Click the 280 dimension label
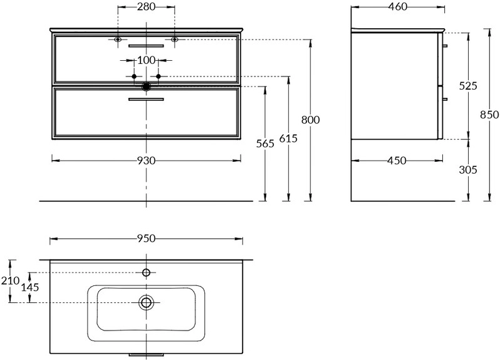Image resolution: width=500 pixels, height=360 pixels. point(146,6)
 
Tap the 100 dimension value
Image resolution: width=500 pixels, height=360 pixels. point(146,60)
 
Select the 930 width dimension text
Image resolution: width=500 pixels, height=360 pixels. point(146,161)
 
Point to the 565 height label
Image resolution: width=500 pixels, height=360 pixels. point(265,144)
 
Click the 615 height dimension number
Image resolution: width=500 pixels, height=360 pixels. point(288,139)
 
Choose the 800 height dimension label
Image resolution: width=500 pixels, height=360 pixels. point(310,120)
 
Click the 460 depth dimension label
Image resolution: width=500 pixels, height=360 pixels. point(397,6)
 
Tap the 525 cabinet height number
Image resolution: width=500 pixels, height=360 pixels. point(468,86)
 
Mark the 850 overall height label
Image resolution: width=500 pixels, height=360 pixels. point(489,115)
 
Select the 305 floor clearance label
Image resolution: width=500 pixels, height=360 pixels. point(468,170)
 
